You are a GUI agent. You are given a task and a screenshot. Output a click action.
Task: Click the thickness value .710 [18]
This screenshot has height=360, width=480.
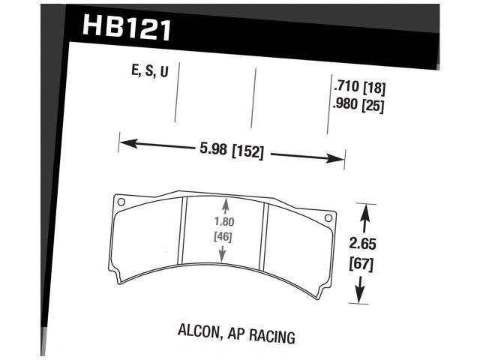point(357,88)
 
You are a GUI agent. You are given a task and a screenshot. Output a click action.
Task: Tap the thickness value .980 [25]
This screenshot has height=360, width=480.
point(357,106)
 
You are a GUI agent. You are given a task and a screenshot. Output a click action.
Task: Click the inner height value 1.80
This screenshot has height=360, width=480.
point(222,222)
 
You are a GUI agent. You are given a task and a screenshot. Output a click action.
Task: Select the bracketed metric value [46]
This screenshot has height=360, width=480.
point(222,238)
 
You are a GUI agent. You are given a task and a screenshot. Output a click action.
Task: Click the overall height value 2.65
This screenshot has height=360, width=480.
point(362,244)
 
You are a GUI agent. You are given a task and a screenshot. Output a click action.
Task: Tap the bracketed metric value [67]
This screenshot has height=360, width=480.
point(362,264)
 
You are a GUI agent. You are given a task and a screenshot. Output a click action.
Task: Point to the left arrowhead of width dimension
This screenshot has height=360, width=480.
point(125,141)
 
